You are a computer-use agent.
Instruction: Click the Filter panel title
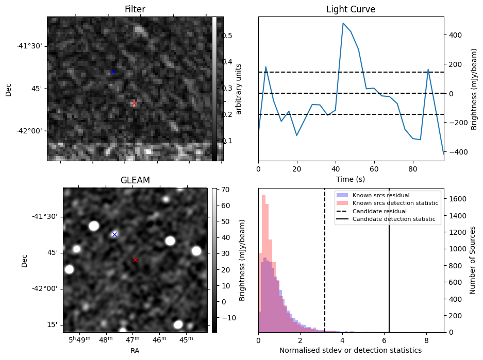pyautogui.click(x=135, y=9)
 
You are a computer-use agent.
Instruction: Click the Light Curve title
pyautogui.click(x=351, y=9)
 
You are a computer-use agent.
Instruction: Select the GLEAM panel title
pyautogui.click(x=135, y=180)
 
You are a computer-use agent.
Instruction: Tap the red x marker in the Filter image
pyautogui.click(x=134, y=104)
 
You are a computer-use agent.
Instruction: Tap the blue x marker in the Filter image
pyautogui.click(x=113, y=72)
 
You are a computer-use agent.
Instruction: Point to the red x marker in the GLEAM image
pyautogui.click(x=135, y=260)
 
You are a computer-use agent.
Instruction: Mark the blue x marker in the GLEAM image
pyautogui.click(x=114, y=234)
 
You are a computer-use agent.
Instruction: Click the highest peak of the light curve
pyautogui.click(x=343, y=23)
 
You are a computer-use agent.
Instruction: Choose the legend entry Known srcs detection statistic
pyautogui.click(x=395, y=203)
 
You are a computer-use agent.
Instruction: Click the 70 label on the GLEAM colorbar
pyautogui.click(x=225, y=190)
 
